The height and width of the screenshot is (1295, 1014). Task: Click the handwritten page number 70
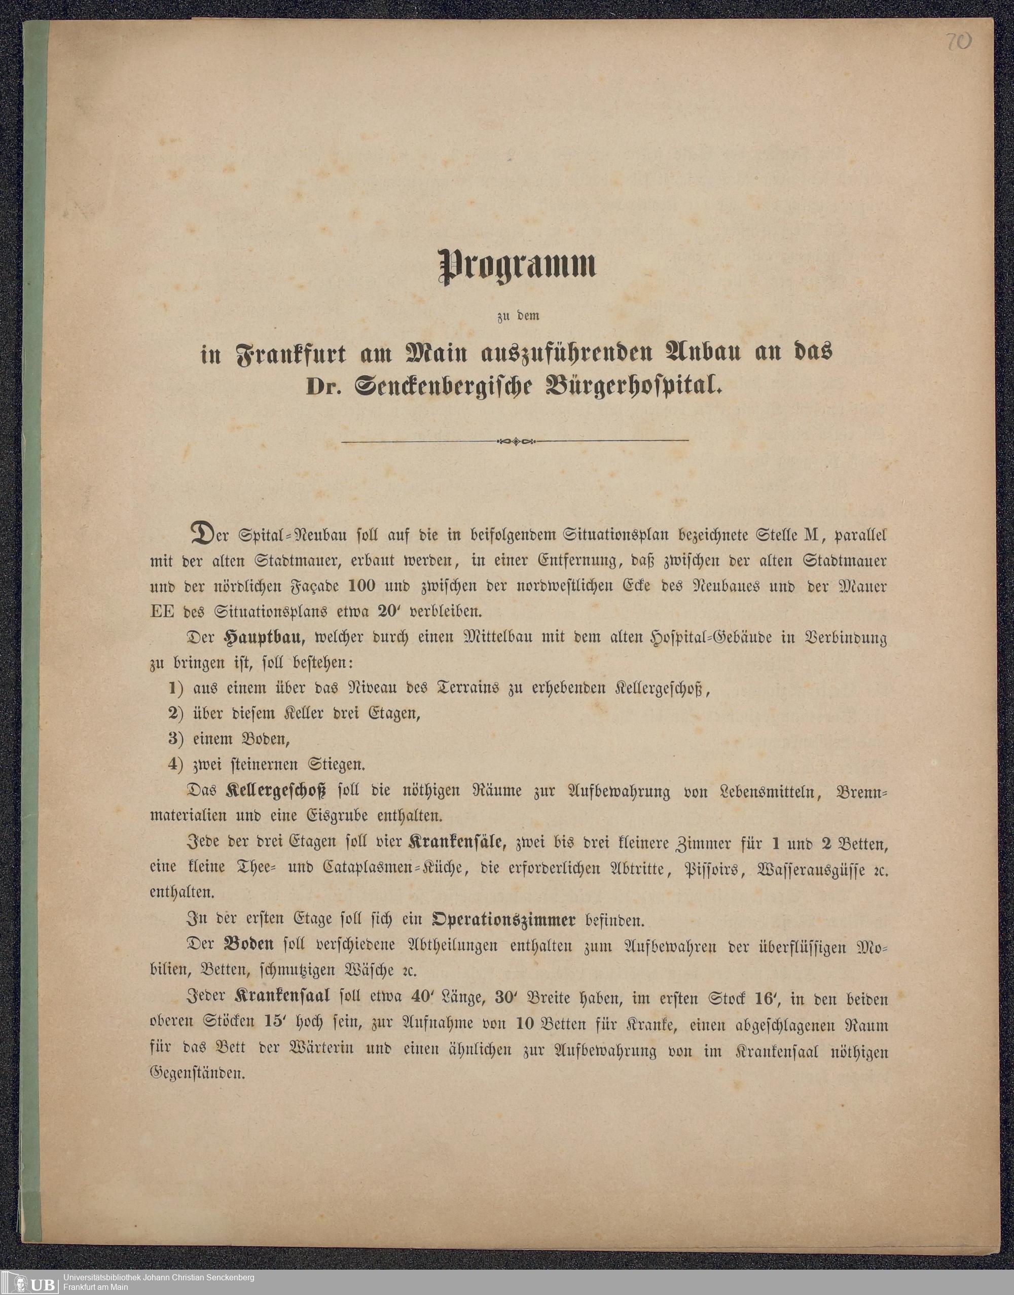958,43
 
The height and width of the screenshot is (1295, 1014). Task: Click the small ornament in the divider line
515,441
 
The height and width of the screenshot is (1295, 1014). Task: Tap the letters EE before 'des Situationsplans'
162,611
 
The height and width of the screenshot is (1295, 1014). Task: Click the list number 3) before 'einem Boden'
175,739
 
